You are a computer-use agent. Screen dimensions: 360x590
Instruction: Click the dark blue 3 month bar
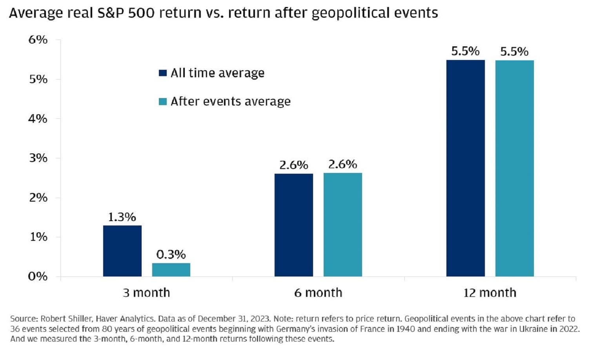coord(122,251)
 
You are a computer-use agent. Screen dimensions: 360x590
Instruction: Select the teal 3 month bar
coord(171,270)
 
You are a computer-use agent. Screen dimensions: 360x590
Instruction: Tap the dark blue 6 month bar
coord(293,225)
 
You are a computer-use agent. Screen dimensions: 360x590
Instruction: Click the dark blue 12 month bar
coord(465,168)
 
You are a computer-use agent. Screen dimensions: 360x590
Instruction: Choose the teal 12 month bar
coord(514,168)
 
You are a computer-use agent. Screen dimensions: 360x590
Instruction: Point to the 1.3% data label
coord(122,217)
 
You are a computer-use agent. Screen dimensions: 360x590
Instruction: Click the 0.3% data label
coord(171,255)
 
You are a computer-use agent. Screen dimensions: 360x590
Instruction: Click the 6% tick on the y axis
coord(38,40)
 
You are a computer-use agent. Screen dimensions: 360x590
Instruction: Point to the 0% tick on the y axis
coord(38,276)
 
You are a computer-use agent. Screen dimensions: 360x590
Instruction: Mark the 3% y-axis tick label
coord(38,158)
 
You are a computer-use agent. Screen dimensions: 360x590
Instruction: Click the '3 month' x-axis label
coord(146,293)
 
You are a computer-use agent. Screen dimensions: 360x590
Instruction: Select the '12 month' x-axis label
coord(490,293)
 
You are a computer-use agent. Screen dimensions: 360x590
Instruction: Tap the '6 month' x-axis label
coord(318,293)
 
